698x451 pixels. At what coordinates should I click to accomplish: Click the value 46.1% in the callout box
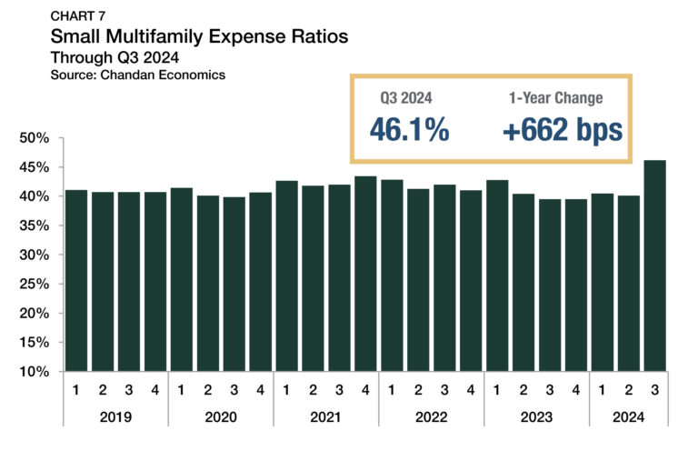[x=409, y=129]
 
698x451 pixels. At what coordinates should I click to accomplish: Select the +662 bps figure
[x=562, y=129]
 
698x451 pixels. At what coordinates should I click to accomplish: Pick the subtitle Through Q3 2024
[x=115, y=58]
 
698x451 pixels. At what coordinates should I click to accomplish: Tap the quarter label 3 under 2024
[x=654, y=391]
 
